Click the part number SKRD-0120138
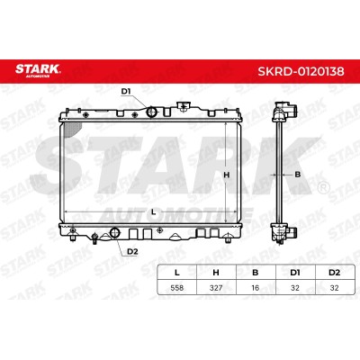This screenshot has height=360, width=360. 301,71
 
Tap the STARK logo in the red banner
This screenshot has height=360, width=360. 38,69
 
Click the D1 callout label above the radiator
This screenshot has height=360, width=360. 126,91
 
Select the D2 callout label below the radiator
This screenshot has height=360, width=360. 132,252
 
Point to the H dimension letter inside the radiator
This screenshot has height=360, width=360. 227,175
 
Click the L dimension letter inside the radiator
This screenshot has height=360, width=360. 154,212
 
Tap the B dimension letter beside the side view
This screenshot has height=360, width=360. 297,175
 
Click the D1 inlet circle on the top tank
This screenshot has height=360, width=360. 151,112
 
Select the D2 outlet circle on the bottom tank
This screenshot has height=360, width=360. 115,232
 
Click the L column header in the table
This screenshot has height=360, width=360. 177,273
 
